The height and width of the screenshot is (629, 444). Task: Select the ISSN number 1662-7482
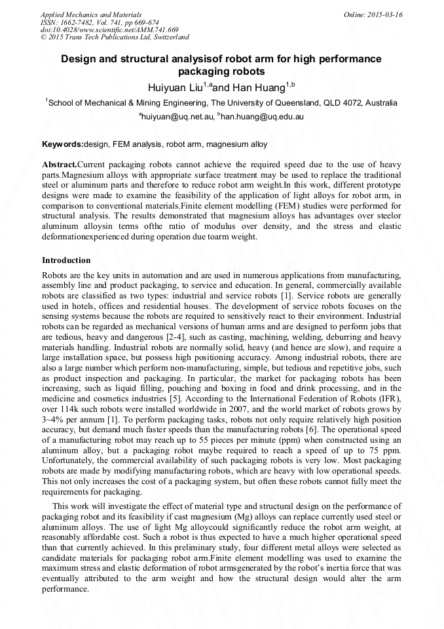coord(78,22)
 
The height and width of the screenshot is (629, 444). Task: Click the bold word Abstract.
coord(59,163)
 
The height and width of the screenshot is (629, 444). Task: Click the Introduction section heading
coord(66,260)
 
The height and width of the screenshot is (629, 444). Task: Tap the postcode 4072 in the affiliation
coord(354,103)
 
